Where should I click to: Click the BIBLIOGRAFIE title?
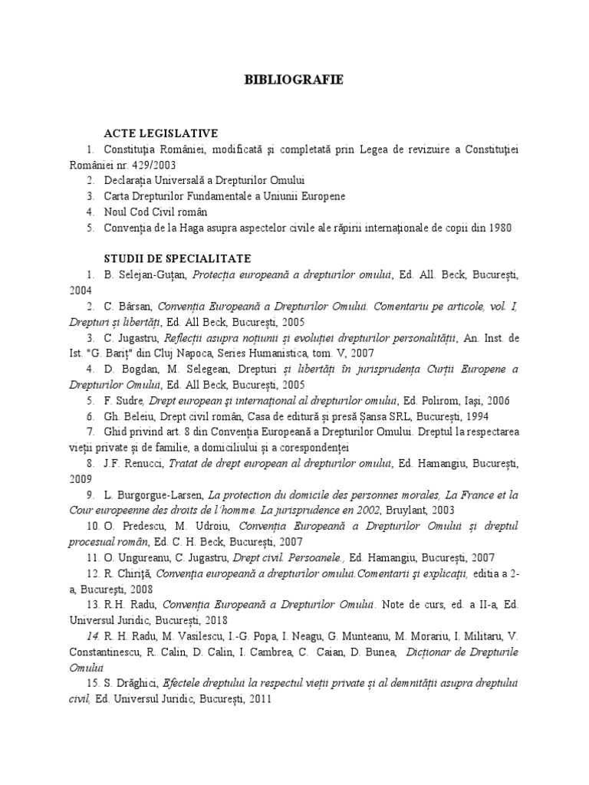(294, 80)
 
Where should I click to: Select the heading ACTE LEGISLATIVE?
(161, 133)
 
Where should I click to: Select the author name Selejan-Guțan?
(151, 274)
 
